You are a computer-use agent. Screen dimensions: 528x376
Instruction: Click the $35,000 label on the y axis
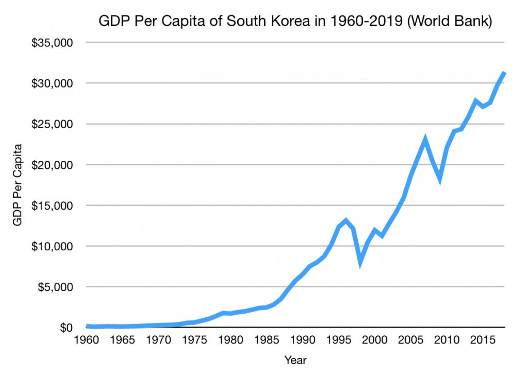pyautogui.click(x=52, y=43)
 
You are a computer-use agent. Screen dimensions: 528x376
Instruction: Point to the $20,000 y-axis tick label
pyautogui.click(x=52, y=165)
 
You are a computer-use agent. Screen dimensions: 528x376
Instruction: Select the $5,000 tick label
pyautogui.click(x=55, y=287)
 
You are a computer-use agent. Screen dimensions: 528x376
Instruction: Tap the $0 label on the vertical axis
pyautogui.click(x=66, y=328)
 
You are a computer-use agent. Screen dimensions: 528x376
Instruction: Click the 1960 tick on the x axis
pyautogui.click(x=87, y=339)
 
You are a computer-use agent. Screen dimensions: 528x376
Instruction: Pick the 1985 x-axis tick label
pyautogui.click(x=267, y=339)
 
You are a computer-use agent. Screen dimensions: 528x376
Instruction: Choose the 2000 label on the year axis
pyautogui.click(x=374, y=339)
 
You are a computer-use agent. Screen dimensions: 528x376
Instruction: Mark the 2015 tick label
pyautogui.click(x=482, y=339)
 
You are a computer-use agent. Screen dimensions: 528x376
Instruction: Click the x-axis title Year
pyautogui.click(x=295, y=360)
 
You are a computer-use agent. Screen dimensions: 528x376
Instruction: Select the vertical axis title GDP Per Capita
pyautogui.click(x=17, y=185)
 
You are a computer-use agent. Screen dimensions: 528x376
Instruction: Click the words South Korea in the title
pyautogui.click(x=268, y=21)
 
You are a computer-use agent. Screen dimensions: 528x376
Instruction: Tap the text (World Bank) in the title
pyautogui.click(x=450, y=21)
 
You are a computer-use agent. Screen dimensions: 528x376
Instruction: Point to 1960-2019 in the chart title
pyautogui.click(x=367, y=21)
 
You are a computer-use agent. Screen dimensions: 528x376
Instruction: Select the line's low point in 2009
pyautogui.click(x=440, y=180)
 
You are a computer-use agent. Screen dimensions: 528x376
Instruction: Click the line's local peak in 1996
pyautogui.click(x=346, y=220)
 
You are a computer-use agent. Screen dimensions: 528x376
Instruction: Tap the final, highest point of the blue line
pyautogui.click(x=504, y=73)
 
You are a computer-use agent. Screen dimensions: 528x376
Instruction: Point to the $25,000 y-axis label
pyautogui.click(x=52, y=125)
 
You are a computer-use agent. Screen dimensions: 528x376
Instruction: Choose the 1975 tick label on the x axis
pyautogui.click(x=194, y=339)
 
